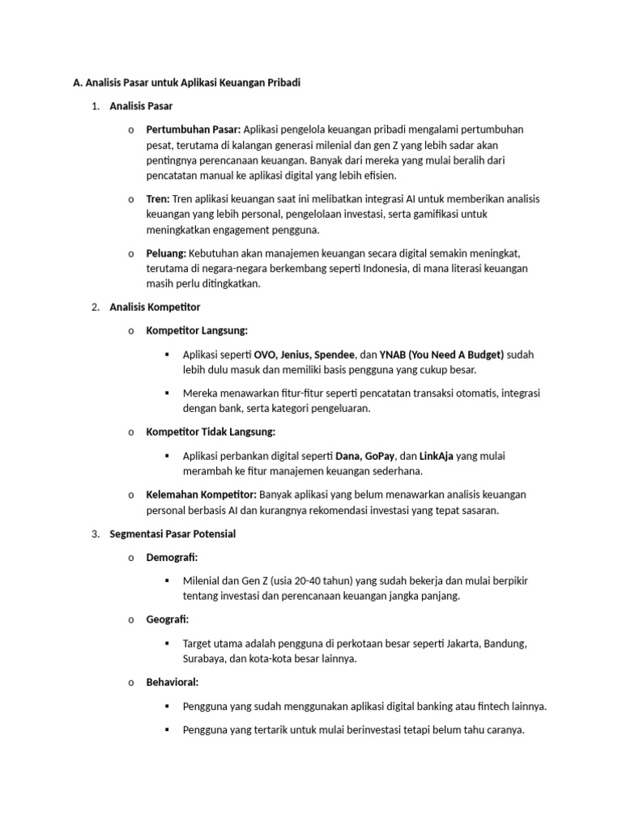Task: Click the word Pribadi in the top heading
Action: point(280,83)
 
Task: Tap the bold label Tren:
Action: point(157,199)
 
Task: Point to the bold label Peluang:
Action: point(166,253)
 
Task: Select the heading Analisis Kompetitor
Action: point(155,308)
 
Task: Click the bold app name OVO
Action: point(264,355)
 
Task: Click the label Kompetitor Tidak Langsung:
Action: point(211,432)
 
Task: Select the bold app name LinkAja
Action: point(436,456)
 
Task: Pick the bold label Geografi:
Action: point(167,619)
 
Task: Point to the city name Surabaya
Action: point(205,659)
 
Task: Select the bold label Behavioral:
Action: point(172,682)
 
